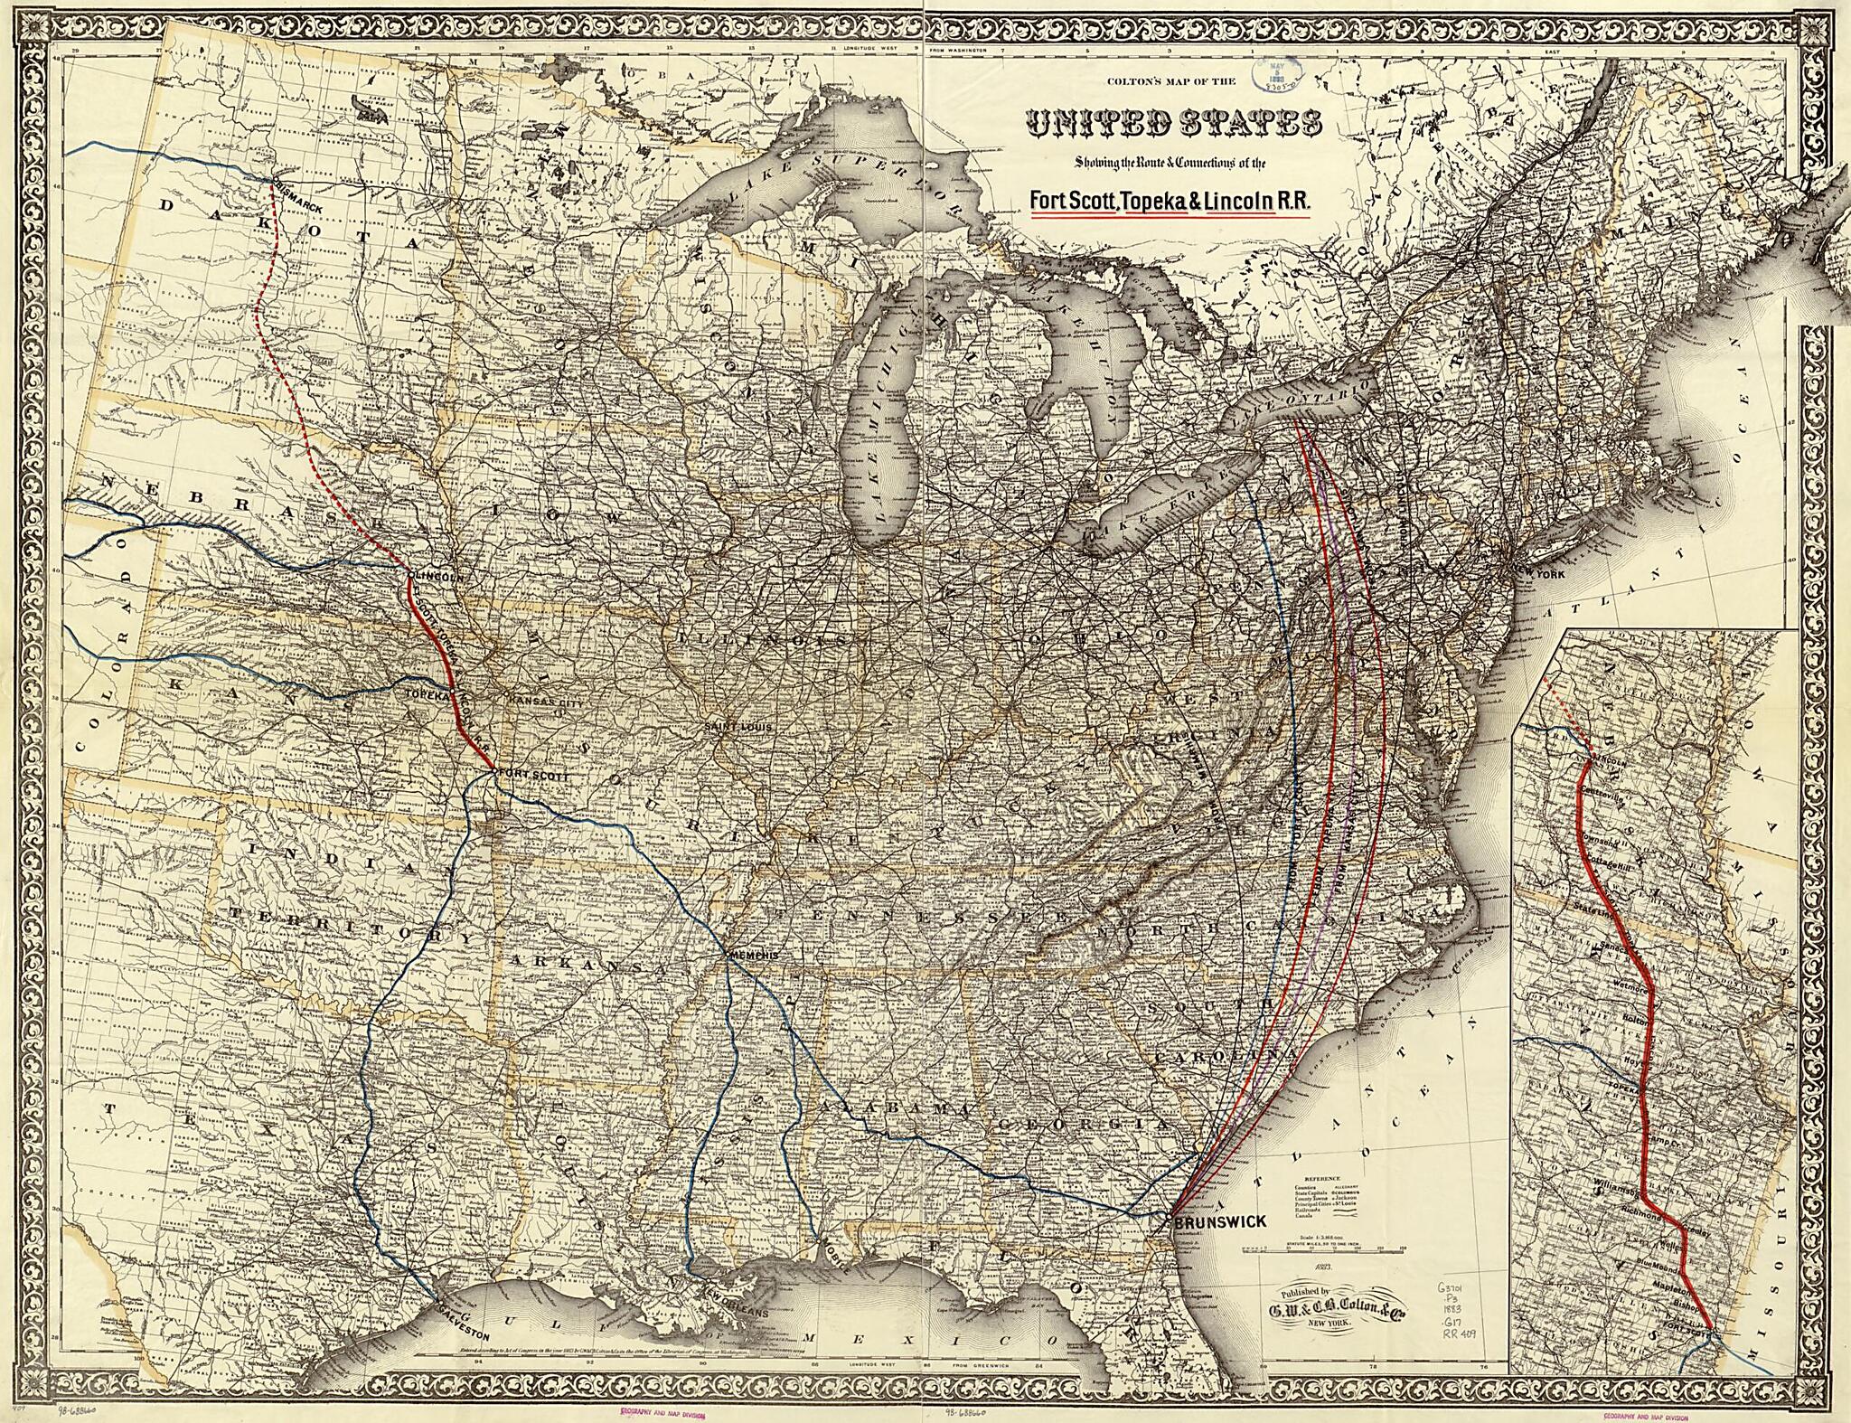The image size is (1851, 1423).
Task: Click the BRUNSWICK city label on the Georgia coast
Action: pos(1221,1222)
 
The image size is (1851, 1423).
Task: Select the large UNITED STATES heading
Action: pos(1171,125)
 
